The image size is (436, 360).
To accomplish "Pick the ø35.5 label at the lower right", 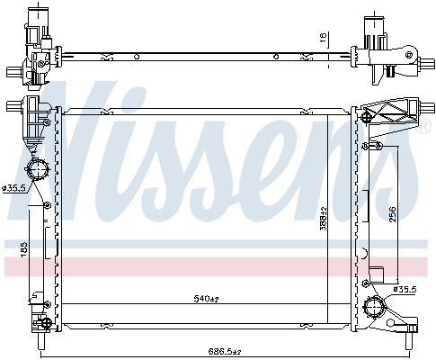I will (x=405, y=288).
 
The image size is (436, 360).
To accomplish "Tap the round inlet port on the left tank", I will (x=38, y=170).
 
